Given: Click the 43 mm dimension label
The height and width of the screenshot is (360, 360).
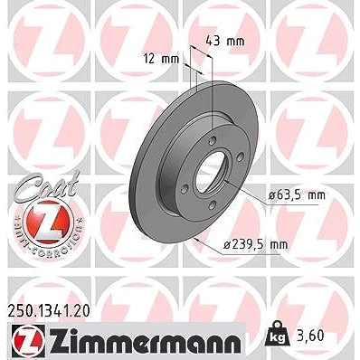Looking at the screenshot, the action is click(225, 41).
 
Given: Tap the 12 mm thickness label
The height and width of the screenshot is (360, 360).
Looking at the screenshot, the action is click(161, 59).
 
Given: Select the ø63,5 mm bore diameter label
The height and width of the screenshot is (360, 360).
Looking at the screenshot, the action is click(298, 195).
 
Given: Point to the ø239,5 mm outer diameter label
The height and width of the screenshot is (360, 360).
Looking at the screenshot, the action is click(255, 245).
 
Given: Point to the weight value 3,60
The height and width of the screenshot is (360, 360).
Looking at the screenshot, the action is click(310, 336).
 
